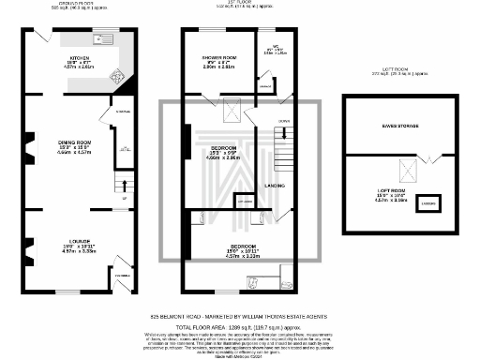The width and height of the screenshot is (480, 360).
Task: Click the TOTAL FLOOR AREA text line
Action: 240,325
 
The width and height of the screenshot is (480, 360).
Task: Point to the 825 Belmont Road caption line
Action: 240,316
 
